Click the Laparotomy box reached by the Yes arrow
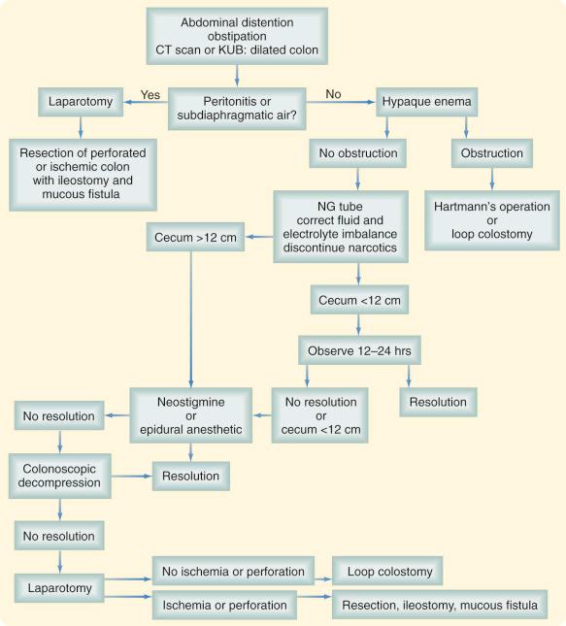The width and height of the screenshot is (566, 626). coord(79,100)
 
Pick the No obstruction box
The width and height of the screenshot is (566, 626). coord(358,152)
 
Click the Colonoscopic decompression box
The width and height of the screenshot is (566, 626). coord(60,476)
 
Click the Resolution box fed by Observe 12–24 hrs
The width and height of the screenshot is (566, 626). coord(439,401)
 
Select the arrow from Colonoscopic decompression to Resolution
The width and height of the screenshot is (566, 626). coord(129,477)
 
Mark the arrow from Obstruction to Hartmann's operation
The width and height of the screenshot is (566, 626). coord(491,180)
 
